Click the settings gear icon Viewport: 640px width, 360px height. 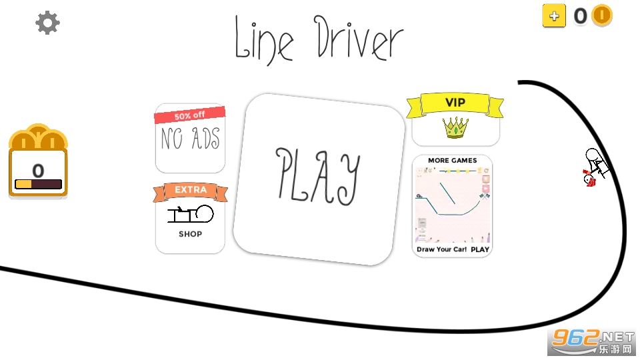tap(47, 23)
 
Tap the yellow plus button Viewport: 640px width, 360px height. tap(554, 16)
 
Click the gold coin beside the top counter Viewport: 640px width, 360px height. tap(602, 15)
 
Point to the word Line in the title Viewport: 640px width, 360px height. tap(264, 41)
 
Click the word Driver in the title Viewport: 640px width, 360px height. tap(359, 38)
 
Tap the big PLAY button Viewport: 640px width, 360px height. tap(319, 179)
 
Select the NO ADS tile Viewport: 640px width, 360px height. tap(190, 139)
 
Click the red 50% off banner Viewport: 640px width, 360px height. tap(190, 115)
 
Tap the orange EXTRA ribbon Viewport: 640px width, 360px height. tap(191, 191)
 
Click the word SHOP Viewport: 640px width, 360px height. tap(190, 234)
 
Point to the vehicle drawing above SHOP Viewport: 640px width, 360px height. tap(191, 213)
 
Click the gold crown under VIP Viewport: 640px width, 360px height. tap(455, 127)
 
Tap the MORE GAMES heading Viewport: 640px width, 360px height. tap(452, 161)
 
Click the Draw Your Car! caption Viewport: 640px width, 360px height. tap(441, 249)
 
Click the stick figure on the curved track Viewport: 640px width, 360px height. tap(596, 167)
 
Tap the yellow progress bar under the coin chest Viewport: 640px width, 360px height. tap(23, 185)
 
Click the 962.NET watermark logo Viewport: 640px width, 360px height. tap(592, 342)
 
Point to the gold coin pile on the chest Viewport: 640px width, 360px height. tap(39, 137)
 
